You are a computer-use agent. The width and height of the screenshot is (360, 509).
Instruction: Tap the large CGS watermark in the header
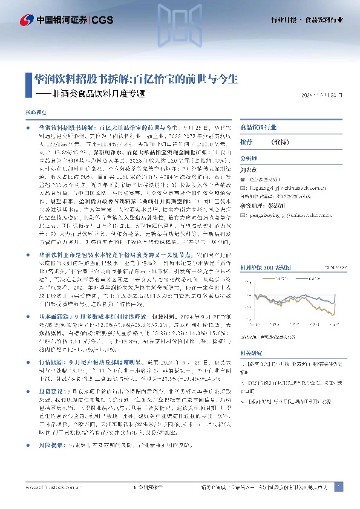click(x=179, y=27)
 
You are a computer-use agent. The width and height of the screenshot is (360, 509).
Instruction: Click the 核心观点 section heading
click(x=34, y=113)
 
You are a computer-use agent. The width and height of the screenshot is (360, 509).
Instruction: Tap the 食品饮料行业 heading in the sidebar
click(x=258, y=128)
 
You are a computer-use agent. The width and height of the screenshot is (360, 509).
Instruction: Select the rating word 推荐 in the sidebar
click(x=246, y=141)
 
